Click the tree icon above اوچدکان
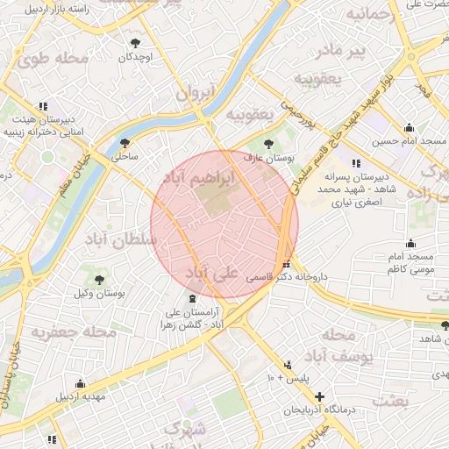135,42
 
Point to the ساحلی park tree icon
125,142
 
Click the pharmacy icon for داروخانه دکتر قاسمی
286,263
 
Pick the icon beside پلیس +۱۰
288,365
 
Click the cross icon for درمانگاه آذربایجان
319,396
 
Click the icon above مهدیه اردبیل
80,382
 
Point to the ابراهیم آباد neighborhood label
200,179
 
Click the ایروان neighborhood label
194,95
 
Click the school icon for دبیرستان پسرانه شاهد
355,162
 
